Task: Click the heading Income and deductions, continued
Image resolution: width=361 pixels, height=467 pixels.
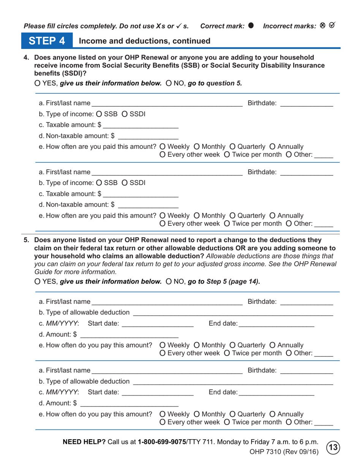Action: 144,41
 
